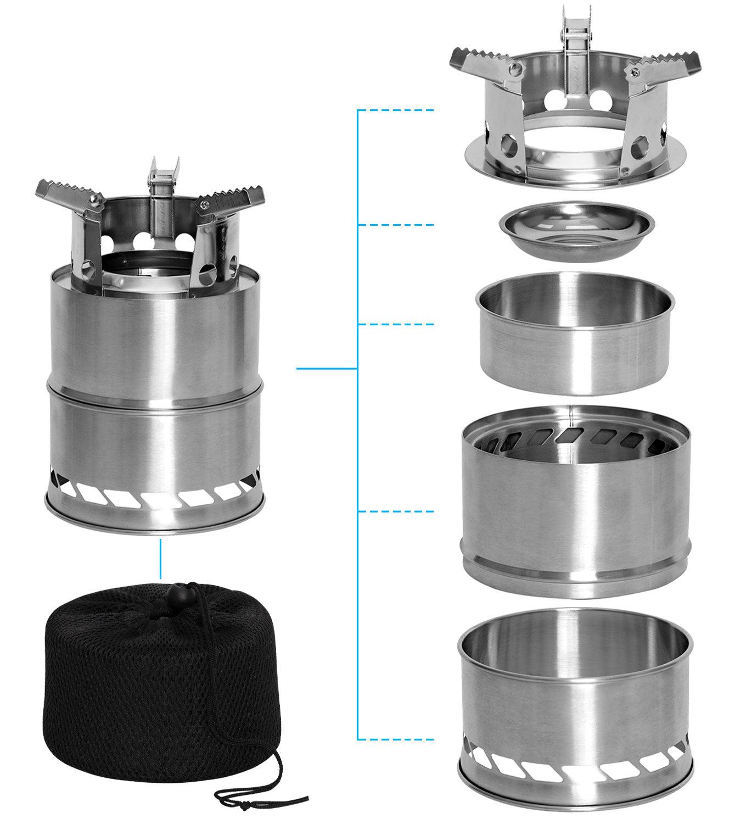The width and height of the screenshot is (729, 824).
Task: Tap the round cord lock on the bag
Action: [x=180, y=594]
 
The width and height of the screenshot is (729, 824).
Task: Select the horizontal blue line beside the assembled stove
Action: [x=327, y=369]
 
